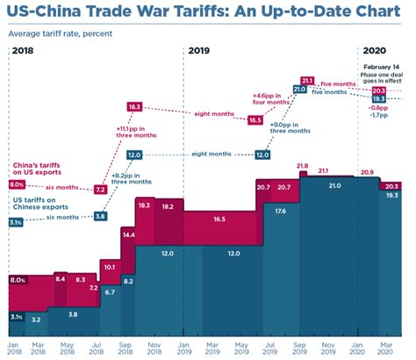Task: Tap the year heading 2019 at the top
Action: coord(200,51)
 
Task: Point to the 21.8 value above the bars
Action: coord(303,166)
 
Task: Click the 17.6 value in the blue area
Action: coord(279,211)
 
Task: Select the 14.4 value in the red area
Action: coord(128,235)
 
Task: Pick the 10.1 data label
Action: coord(110,265)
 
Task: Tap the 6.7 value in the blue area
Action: coord(110,292)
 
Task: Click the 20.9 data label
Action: coord(366,172)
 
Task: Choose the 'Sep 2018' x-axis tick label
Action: coord(125,349)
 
